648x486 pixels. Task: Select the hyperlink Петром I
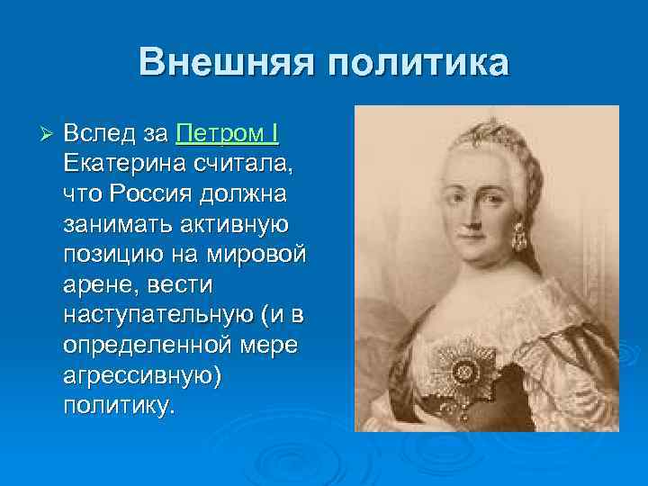[x=228, y=135]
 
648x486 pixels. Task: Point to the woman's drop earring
[x=518, y=239]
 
